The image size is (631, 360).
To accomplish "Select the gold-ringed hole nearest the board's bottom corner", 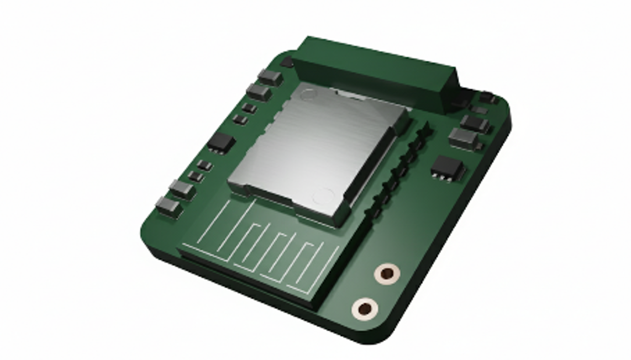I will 365,308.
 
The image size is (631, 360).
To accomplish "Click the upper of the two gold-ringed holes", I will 387,273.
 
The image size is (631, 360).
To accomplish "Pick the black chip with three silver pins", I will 448,167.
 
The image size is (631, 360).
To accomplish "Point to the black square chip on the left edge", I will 221,142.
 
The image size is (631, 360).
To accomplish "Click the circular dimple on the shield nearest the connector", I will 308,94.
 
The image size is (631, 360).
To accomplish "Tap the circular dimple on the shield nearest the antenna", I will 323,195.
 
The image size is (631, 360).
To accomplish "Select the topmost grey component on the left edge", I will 270,77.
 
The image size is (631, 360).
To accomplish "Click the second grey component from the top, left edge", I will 259,91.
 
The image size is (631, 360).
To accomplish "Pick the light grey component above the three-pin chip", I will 464,137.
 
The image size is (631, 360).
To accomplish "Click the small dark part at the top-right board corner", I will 487,98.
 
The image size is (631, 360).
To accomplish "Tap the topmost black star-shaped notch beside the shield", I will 425,130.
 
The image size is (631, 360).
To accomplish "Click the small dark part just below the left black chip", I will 204,165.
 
